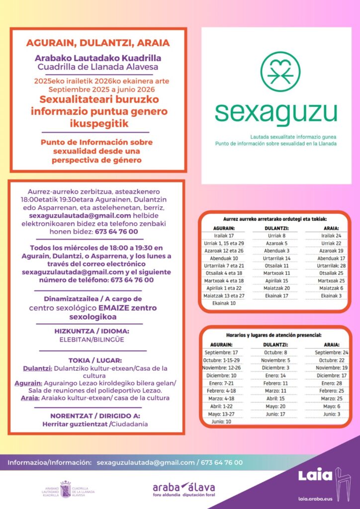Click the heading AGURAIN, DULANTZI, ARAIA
(98, 42)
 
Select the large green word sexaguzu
(275, 113)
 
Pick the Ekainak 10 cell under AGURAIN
(224, 303)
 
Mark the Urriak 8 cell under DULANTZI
(276, 236)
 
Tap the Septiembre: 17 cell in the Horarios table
(221, 352)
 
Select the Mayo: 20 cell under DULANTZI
(276, 406)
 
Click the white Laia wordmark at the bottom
(315, 475)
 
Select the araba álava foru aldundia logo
(184, 489)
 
